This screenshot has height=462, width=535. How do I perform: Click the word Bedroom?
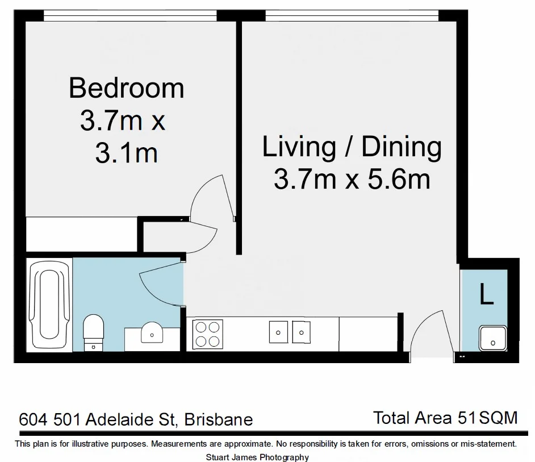click(126, 89)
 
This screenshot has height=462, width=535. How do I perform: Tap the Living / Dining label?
click(352, 147)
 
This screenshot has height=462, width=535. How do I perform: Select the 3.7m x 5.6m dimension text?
click(352, 180)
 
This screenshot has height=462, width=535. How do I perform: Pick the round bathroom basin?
click(151, 332)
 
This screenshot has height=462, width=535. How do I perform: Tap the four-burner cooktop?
click(207, 334)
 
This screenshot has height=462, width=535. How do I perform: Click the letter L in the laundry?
click(486, 295)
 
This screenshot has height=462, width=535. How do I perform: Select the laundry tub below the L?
click(492, 339)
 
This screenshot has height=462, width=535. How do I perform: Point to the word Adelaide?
click(119, 420)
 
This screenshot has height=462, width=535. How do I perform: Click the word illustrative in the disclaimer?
click(79, 443)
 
